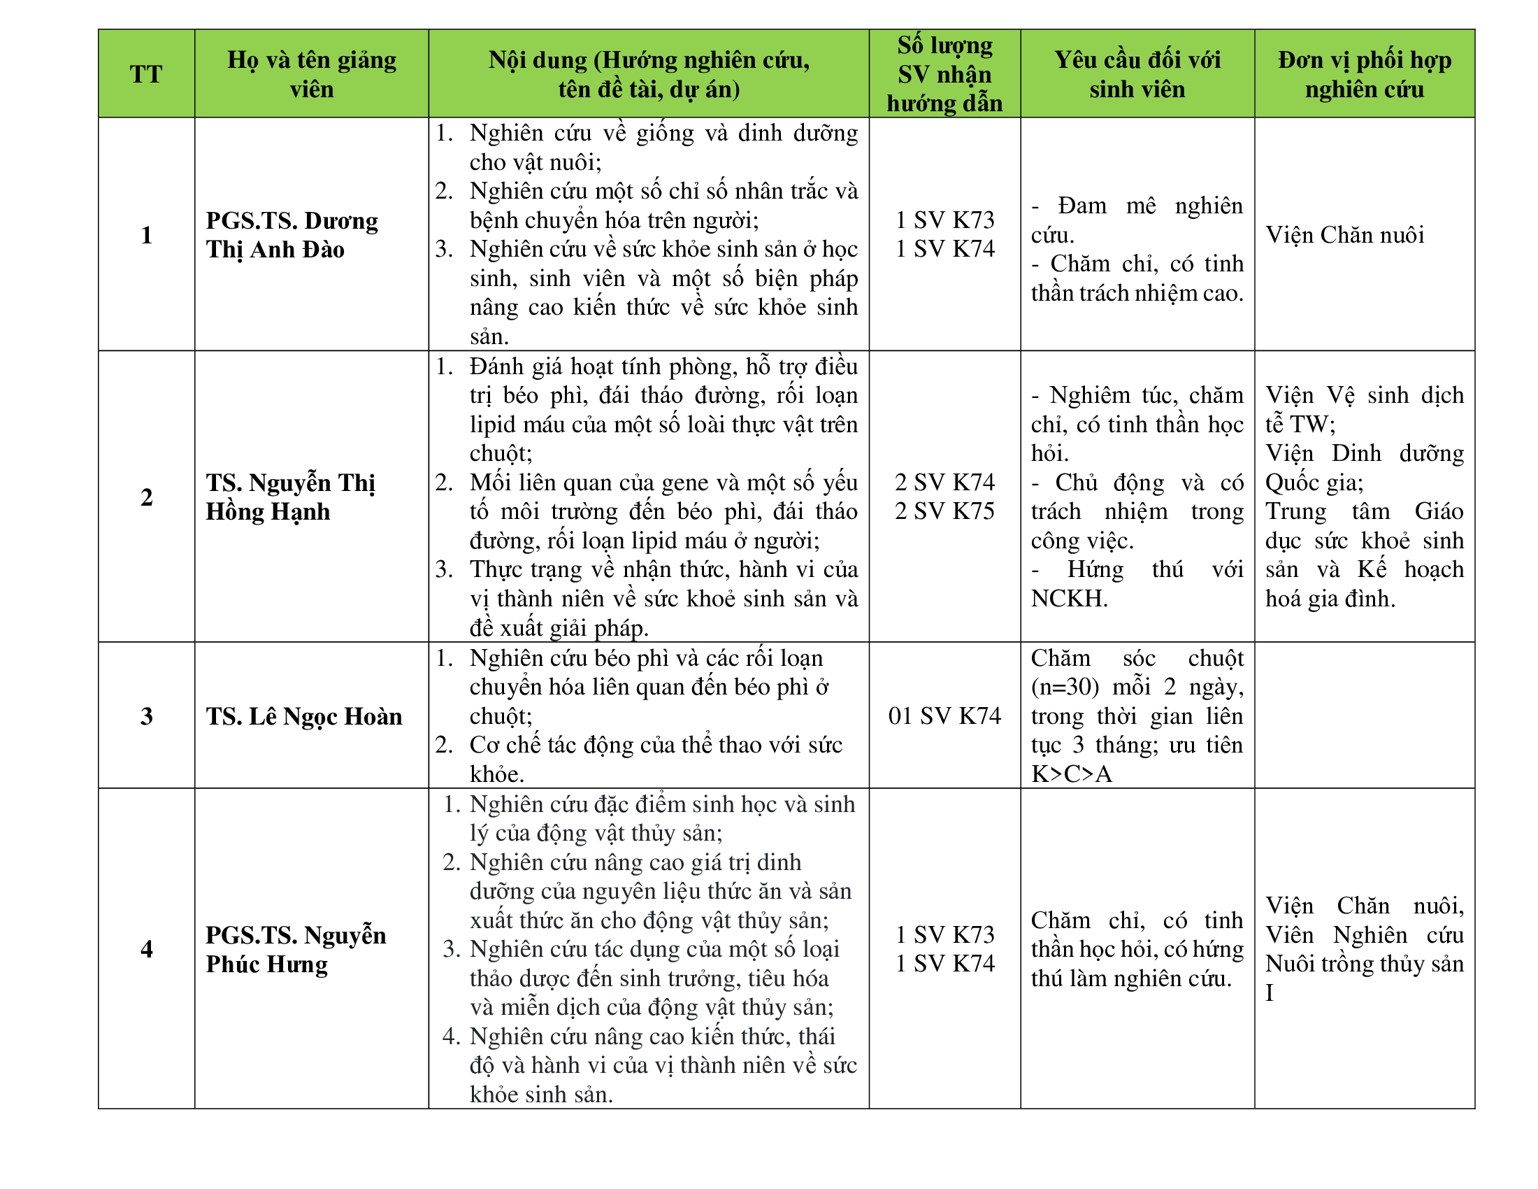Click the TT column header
(146, 74)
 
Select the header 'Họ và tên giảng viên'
(311, 74)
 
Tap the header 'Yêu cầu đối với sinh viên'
(1137, 74)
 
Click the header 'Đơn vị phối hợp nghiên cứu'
(1364, 74)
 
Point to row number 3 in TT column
(147, 716)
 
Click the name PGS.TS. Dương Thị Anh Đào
(292, 235)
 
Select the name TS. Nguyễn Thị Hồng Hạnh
(290, 497)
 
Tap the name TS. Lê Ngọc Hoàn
(303, 716)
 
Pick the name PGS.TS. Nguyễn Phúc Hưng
(296, 950)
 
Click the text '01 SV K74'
(944, 716)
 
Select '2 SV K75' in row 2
(944, 511)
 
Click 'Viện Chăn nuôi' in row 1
(1344, 235)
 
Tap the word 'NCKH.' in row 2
(1069, 599)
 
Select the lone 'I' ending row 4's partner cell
(1270, 993)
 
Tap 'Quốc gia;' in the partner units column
(1314, 483)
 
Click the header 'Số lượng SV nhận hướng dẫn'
(944, 74)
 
